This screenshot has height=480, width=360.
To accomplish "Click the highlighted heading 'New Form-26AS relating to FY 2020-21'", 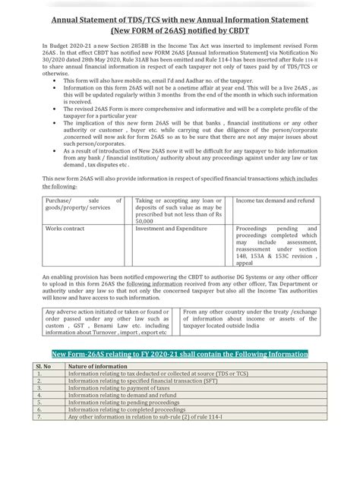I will (x=179, y=353).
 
